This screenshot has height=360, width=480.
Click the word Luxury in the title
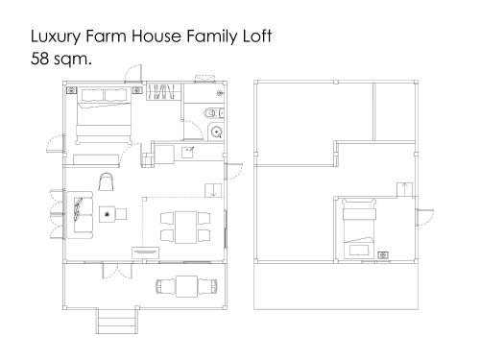coord(56,36)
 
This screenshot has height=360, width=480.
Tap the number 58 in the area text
coord(39,59)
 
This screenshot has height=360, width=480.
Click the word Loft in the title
coord(257,36)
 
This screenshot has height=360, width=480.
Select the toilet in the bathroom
coord(214,112)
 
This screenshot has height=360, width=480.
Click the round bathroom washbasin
coord(217,132)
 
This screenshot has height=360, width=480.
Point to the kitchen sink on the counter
coord(187,153)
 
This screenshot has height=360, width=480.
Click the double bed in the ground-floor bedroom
coord(104,116)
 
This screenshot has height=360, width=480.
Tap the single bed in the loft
coord(359,228)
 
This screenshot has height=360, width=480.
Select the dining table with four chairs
coord(185,227)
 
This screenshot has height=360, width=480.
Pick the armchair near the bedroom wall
coord(107,181)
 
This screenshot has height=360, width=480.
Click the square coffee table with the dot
coord(108,214)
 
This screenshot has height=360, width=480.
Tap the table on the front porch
coord(186,286)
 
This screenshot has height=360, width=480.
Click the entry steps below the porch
coord(117,321)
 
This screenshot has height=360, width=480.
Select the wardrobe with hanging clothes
coord(161,91)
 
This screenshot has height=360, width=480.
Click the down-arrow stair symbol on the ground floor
coord(213,190)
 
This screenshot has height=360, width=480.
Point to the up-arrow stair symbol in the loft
coord(405,189)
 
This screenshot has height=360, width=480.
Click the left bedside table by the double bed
coord(72,90)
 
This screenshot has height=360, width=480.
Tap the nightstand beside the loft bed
coord(383,255)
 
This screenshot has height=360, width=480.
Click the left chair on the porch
coord(165,286)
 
